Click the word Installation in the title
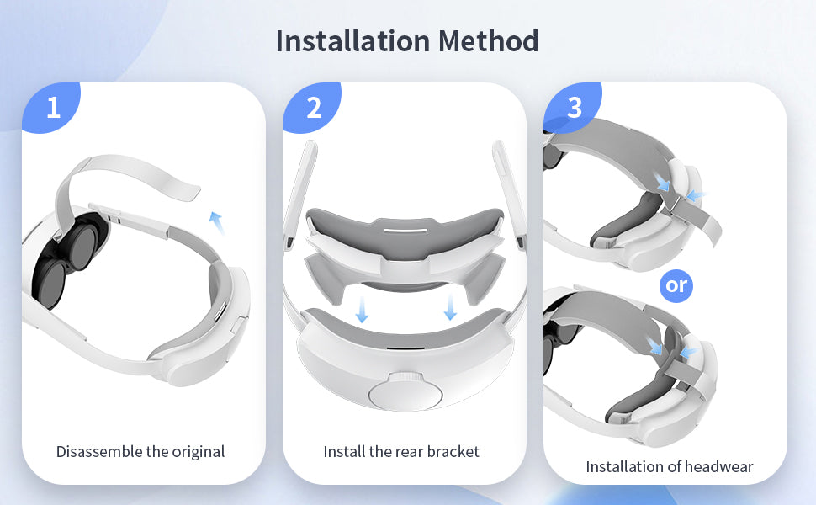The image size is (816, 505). click(x=352, y=40)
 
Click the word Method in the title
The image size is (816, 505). click(x=488, y=40)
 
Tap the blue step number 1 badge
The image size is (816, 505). click(x=51, y=107)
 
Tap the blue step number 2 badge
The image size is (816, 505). click(x=312, y=107)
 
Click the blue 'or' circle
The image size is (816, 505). click(x=676, y=285)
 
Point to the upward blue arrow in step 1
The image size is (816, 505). click(x=216, y=222)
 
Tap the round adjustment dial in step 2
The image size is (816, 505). click(x=405, y=392)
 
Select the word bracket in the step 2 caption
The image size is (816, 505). click(x=453, y=451)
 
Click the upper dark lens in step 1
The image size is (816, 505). click(x=83, y=247)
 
